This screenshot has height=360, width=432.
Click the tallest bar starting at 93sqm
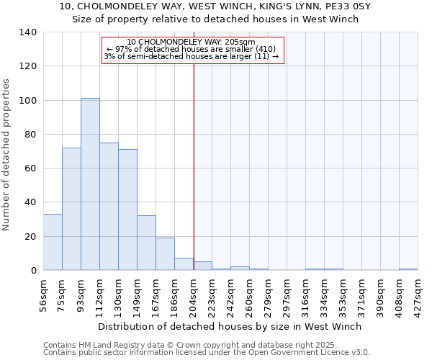pos(90,184)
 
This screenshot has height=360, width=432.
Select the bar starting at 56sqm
pos(53,242)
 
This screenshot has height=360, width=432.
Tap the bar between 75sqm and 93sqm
pos(71,209)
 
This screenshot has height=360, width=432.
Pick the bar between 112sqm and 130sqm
pos(109,207)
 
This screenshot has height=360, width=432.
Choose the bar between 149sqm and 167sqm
pos(146,243)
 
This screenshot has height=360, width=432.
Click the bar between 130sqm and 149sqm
pos(127,210)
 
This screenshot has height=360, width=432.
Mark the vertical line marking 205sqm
pos(194,158)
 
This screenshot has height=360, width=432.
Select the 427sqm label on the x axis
pos(418,294)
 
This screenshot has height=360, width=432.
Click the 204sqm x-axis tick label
pos(193,294)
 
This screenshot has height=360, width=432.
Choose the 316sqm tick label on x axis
pos(305,294)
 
